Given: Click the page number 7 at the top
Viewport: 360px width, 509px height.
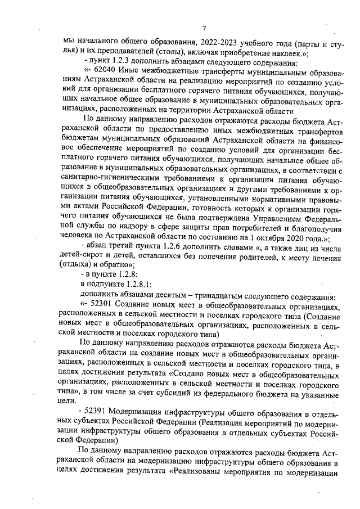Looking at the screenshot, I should (205, 29).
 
